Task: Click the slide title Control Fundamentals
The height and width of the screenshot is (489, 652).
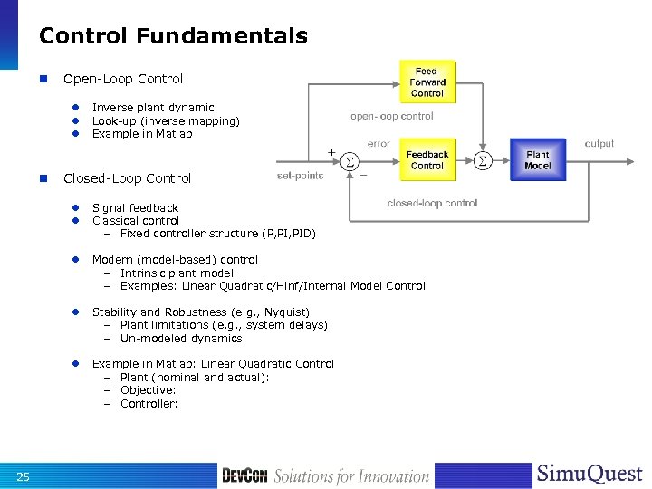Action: point(173,36)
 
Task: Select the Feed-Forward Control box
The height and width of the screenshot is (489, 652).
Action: point(427,81)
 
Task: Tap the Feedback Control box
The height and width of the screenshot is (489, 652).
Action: point(427,160)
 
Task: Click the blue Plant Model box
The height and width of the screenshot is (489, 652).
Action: point(537,160)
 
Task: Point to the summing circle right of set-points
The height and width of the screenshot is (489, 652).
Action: point(348,161)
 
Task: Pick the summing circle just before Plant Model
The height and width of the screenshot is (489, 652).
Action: point(482,160)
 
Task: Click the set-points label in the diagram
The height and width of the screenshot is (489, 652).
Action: point(300,176)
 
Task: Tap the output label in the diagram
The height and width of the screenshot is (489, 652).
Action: point(599,143)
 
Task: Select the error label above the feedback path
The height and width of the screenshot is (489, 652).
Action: point(379,143)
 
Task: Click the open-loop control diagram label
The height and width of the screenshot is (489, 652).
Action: point(391,116)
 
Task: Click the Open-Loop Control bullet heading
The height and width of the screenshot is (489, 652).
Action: point(122,79)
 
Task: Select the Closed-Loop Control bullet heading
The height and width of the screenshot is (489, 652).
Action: point(127,178)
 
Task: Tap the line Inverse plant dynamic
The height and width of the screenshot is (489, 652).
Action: point(153,108)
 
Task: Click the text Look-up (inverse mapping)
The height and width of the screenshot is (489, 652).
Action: point(166,120)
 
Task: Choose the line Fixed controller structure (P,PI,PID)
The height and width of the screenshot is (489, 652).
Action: point(217,234)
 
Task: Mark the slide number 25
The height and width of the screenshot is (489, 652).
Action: point(24,477)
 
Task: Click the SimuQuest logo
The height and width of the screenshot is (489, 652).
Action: point(589,475)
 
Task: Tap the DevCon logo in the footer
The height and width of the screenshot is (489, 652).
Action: point(245,476)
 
